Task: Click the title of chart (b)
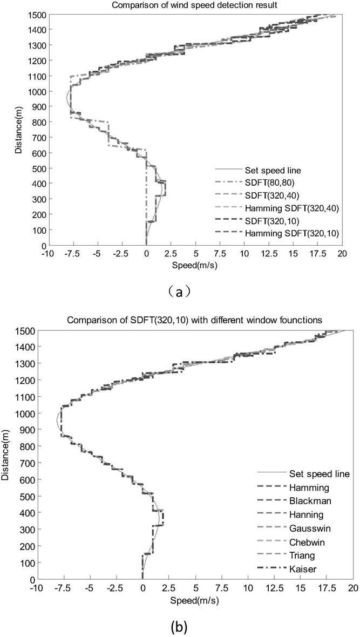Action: (x=195, y=320)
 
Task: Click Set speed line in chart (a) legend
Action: (x=269, y=168)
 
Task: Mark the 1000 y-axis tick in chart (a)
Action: (x=39, y=91)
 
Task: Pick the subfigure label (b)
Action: (x=179, y=627)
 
